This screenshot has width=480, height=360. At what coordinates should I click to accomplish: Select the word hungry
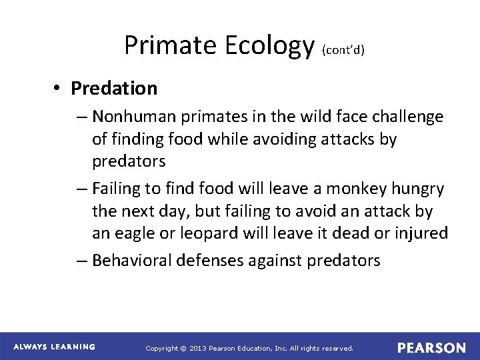(420, 189)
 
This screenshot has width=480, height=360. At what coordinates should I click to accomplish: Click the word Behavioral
(133, 260)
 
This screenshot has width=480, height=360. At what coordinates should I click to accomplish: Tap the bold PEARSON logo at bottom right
(431, 347)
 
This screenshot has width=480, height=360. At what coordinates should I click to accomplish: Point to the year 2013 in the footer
(199, 348)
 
